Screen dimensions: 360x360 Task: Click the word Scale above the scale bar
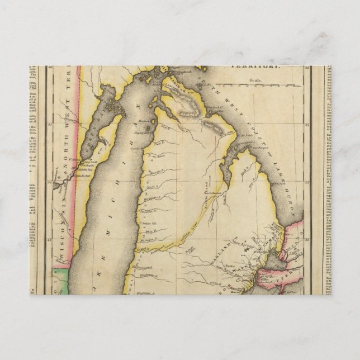coord(257,79)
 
